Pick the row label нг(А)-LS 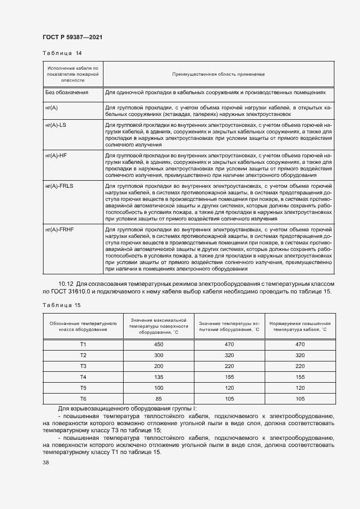click(x=56, y=125)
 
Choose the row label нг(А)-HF click(x=56, y=156)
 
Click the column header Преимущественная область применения click(x=218, y=73)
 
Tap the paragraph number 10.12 click(x=65, y=284)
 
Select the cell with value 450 click(x=158, y=344)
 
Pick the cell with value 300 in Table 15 click(x=158, y=354)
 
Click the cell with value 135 click(x=158, y=376)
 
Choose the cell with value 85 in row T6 click(x=158, y=398)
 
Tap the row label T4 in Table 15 click(x=83, y=376)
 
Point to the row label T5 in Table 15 click(x=83, y=387)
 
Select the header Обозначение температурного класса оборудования click(x=83, y=327)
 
